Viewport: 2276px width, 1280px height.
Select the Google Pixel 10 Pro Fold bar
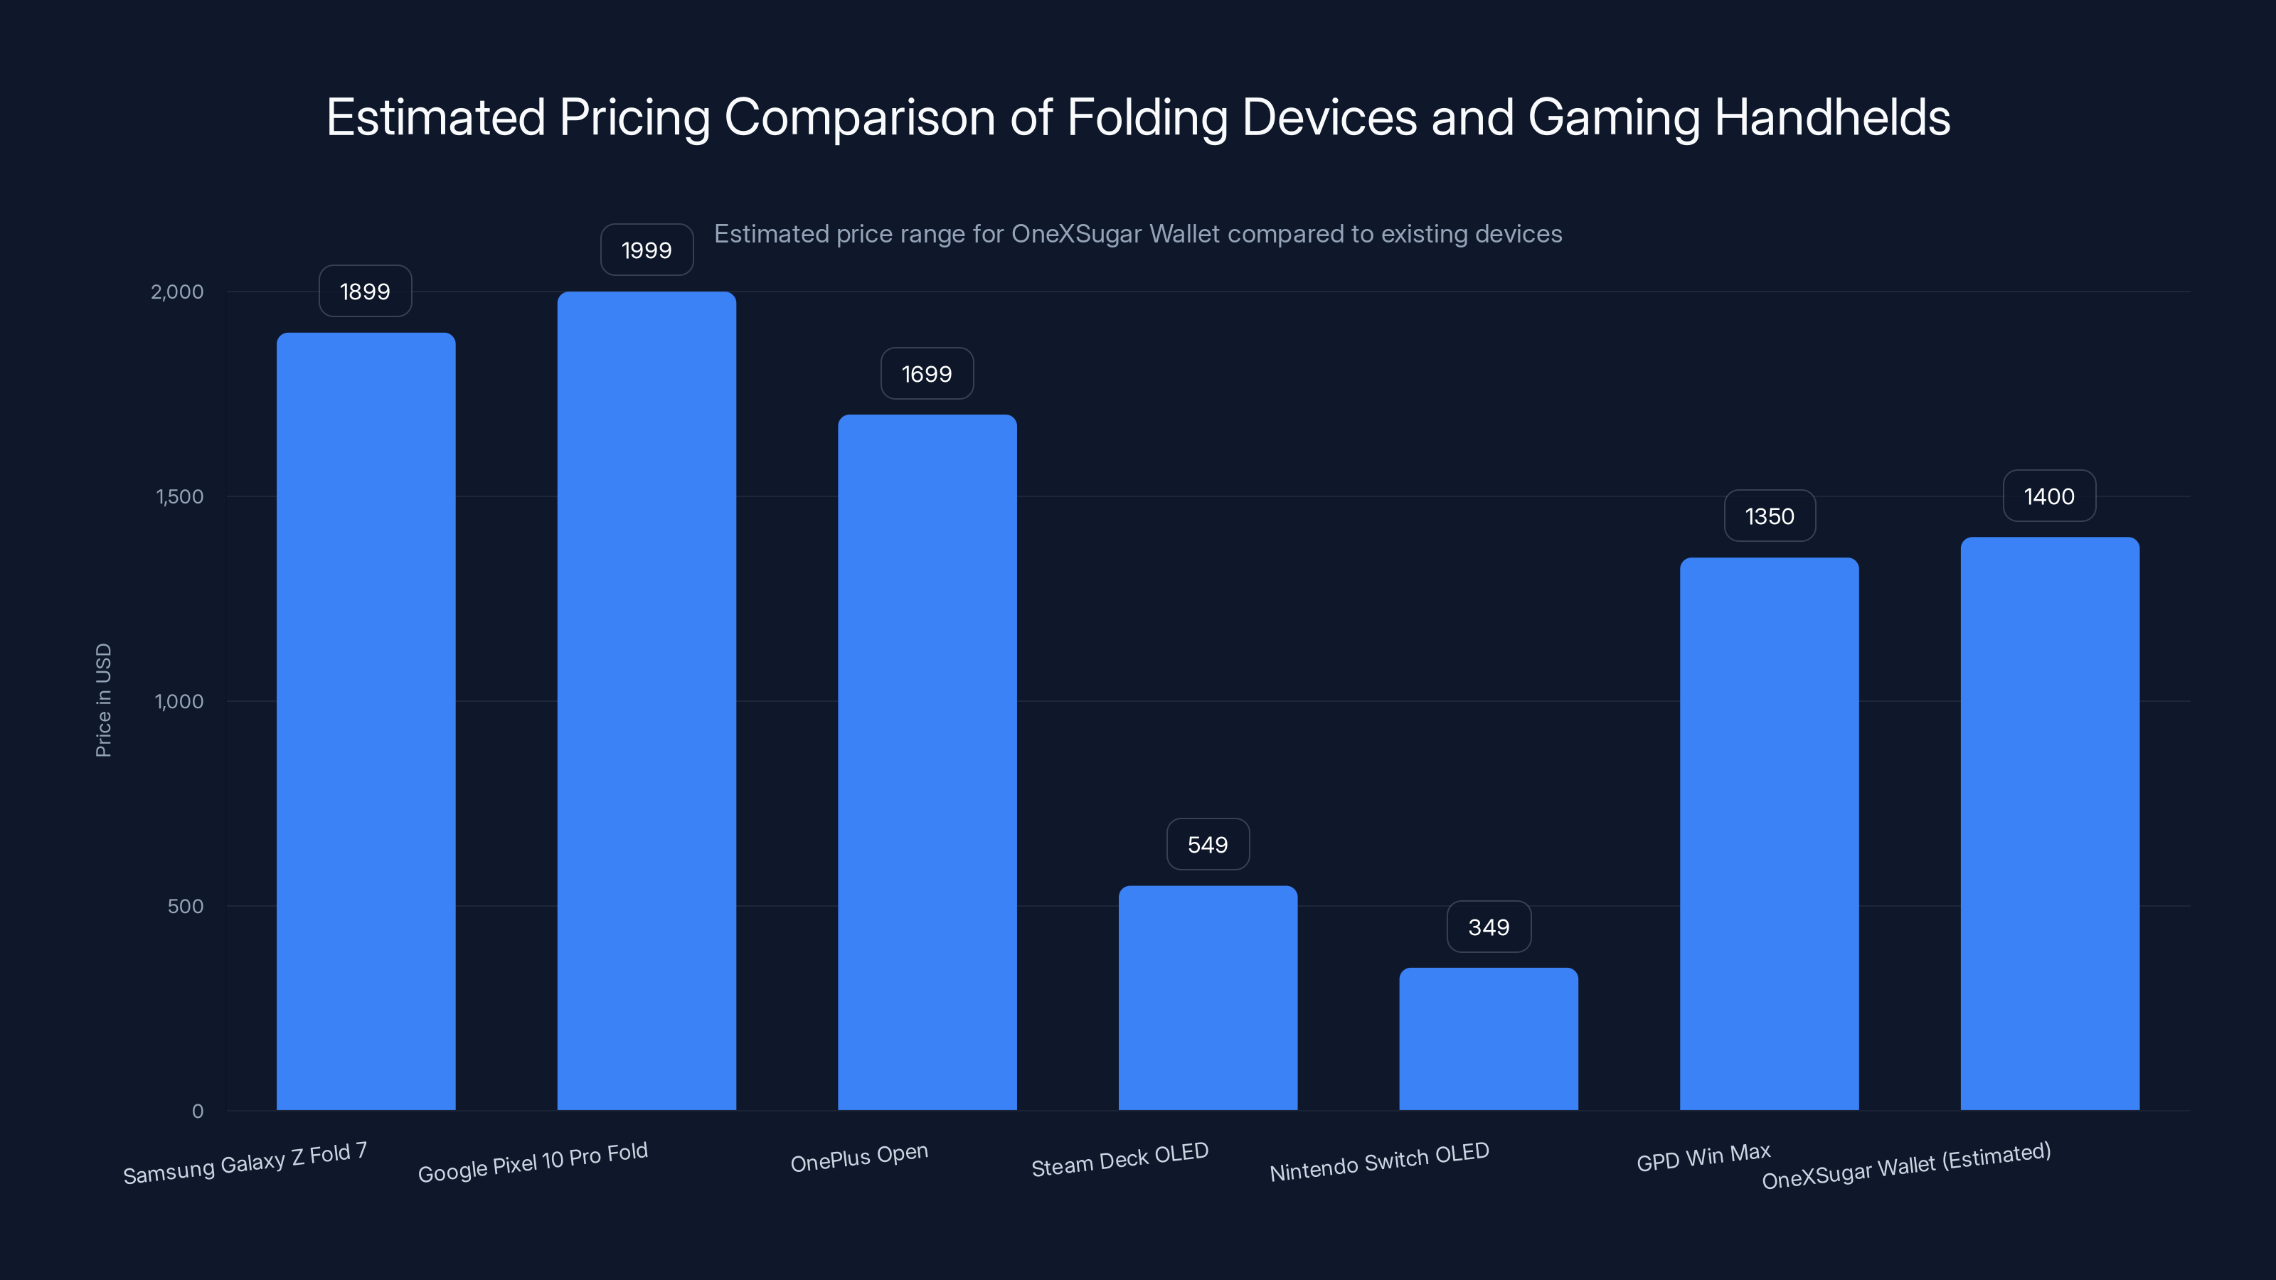point(646,700)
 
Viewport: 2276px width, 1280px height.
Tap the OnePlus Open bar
point(927,762)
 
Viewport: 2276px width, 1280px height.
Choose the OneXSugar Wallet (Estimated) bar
point(2050,823)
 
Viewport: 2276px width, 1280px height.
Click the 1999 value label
point(646,250)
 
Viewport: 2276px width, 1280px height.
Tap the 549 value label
point(1208,845)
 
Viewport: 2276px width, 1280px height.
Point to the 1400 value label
point(2049,496)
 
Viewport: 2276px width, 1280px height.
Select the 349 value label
point(1488,927)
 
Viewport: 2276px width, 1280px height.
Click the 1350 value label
point(1769,516)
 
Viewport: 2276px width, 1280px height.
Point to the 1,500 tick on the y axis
point(179,496)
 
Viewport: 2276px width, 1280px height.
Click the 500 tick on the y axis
point(185,905)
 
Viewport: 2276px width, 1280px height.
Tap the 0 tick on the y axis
point(197,1110)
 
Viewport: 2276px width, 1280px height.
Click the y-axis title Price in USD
point(103,700)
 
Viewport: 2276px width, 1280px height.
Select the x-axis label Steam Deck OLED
point(1120,1159)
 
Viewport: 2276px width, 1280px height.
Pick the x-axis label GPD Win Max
point(1703,1156)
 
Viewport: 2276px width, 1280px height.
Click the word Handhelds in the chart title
point(1831,117)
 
